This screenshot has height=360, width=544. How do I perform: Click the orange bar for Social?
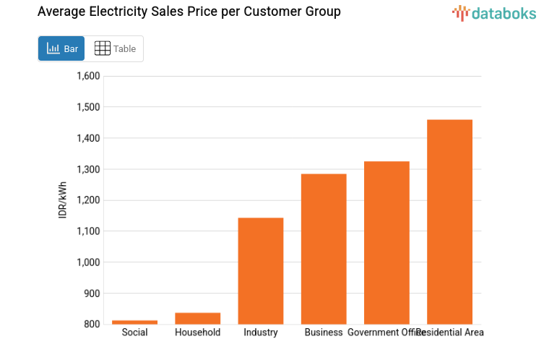(134, 322)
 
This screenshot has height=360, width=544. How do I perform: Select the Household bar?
(197, 318)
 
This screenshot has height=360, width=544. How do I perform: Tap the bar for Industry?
(261, 271)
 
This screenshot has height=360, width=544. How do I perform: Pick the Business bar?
(324, 249)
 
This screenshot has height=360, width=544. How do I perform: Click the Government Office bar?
(387, 243)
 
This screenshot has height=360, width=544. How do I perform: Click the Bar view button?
(61, 48)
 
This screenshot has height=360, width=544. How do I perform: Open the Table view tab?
(115, 48)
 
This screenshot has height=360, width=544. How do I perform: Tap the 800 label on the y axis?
(92, 325)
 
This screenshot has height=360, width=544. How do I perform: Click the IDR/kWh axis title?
(63, 200)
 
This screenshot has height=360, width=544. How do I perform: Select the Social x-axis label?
(134, 333)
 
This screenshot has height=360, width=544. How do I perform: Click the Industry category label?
(261, 333)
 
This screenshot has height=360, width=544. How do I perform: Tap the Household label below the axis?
(197, 333)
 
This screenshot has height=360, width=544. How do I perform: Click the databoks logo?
(494, 12)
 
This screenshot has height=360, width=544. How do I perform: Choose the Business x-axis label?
(324, 333)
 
